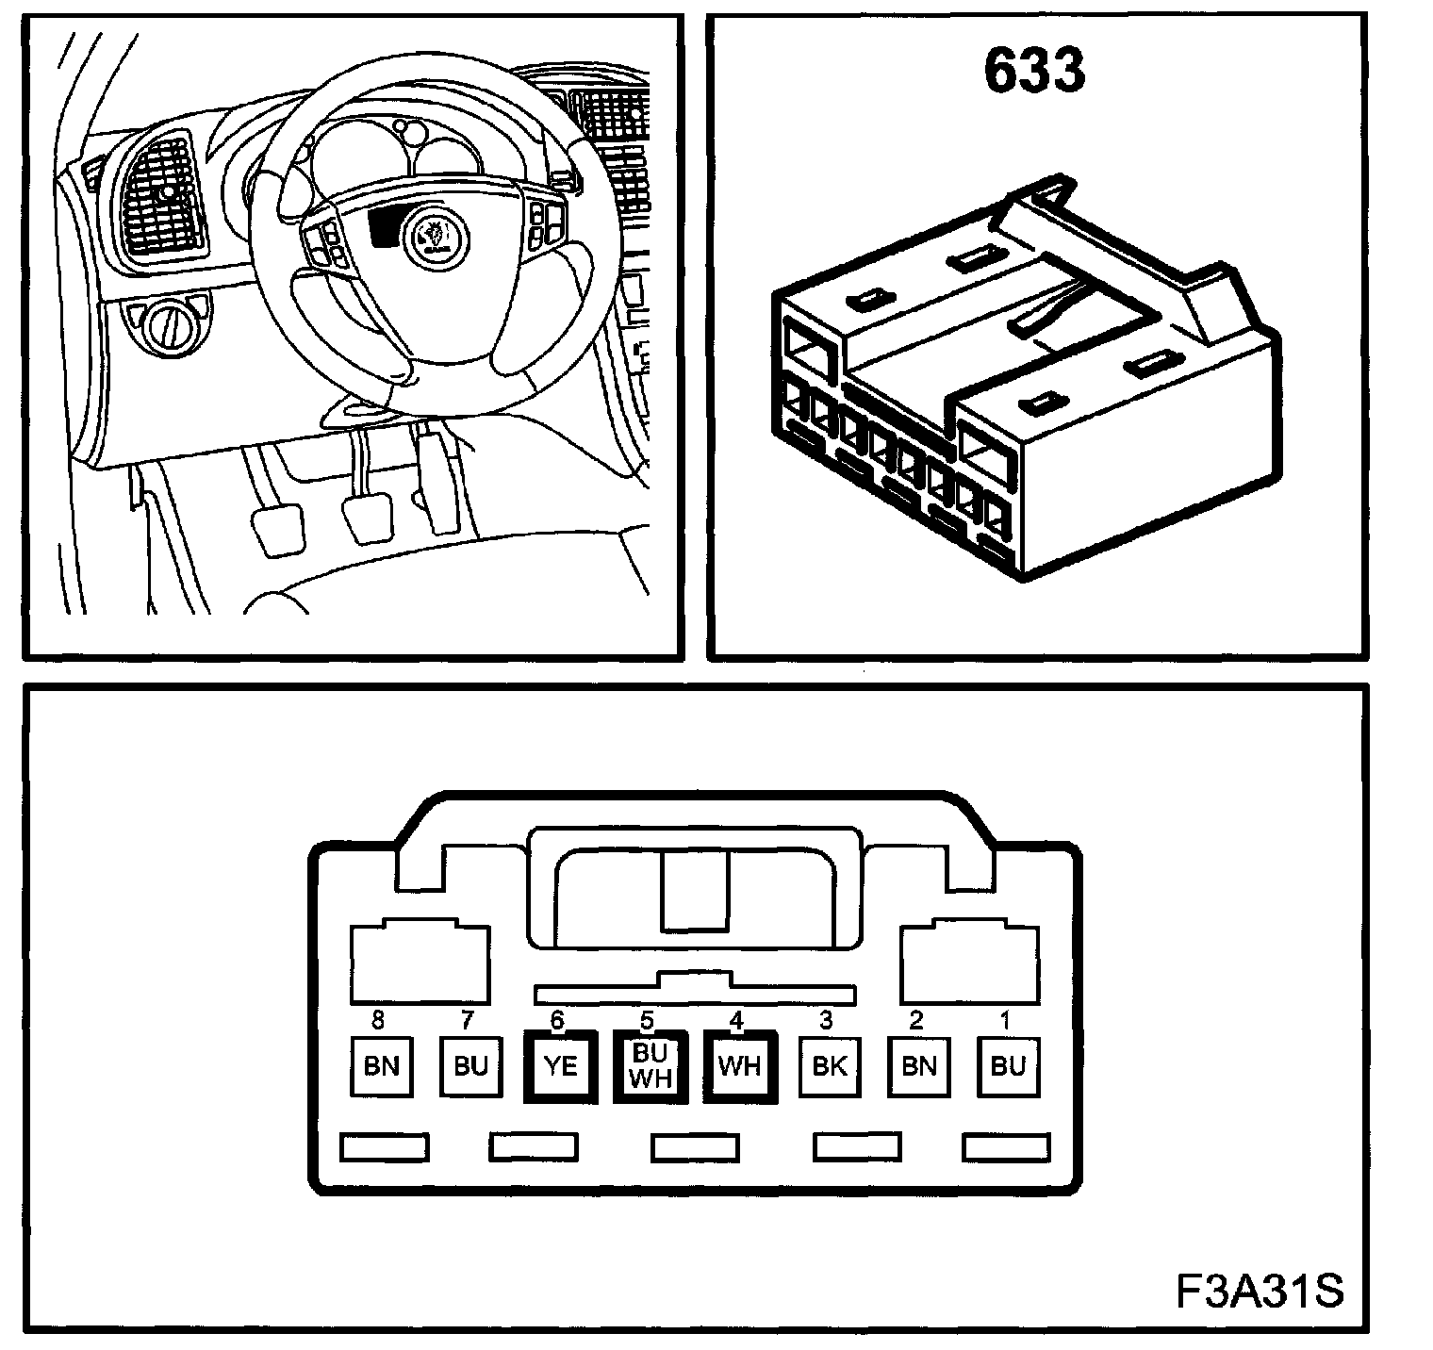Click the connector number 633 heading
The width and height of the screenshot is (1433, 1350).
(1034, 73)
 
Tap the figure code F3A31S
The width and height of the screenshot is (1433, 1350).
(1259, 1291)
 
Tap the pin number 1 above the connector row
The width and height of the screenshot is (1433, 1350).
(1006, 1021)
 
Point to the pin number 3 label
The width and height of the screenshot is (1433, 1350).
(827, 1021)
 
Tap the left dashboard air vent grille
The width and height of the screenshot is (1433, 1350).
(162, 199)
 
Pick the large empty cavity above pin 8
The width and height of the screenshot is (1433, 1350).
(420, 963)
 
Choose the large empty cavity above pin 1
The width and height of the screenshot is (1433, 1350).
(970, 963)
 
